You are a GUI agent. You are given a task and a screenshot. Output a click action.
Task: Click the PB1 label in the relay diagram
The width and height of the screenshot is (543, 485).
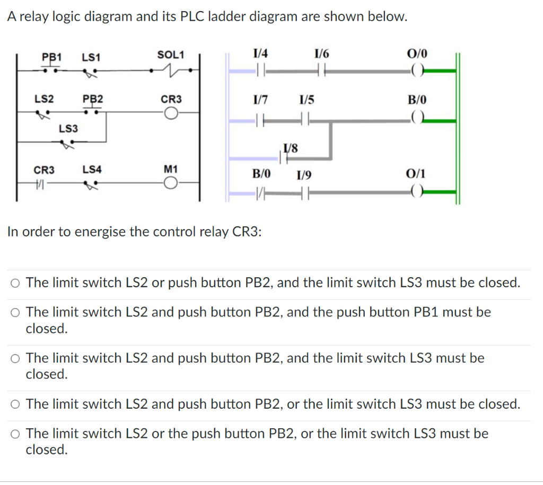tap(52, 56)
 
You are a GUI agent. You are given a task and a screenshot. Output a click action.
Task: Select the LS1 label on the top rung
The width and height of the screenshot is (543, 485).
tap(92, 57)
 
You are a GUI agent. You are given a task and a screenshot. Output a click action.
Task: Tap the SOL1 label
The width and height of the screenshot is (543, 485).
tap(171, 55)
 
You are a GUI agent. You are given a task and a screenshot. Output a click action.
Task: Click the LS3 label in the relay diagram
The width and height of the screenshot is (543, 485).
tap(68, 128)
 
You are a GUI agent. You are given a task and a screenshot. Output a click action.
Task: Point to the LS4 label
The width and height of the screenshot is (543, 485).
tap(92, 170)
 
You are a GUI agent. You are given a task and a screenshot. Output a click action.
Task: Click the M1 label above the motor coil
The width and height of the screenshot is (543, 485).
tap(171, 170)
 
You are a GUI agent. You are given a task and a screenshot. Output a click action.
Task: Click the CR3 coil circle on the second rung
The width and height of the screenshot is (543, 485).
tap(171, 112)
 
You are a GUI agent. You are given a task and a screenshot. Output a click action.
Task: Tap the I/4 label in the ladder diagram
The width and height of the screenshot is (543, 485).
tap(261, 53)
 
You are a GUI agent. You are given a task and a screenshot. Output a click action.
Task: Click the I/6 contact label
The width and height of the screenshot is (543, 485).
tap(321, 53)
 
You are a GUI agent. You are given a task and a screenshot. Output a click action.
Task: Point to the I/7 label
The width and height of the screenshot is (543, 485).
tap(261, 99)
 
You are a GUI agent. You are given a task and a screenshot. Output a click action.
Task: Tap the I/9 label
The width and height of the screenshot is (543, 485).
tap(304, 174)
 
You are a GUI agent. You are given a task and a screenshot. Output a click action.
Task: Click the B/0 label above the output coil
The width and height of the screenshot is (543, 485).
tap(416, 99)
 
